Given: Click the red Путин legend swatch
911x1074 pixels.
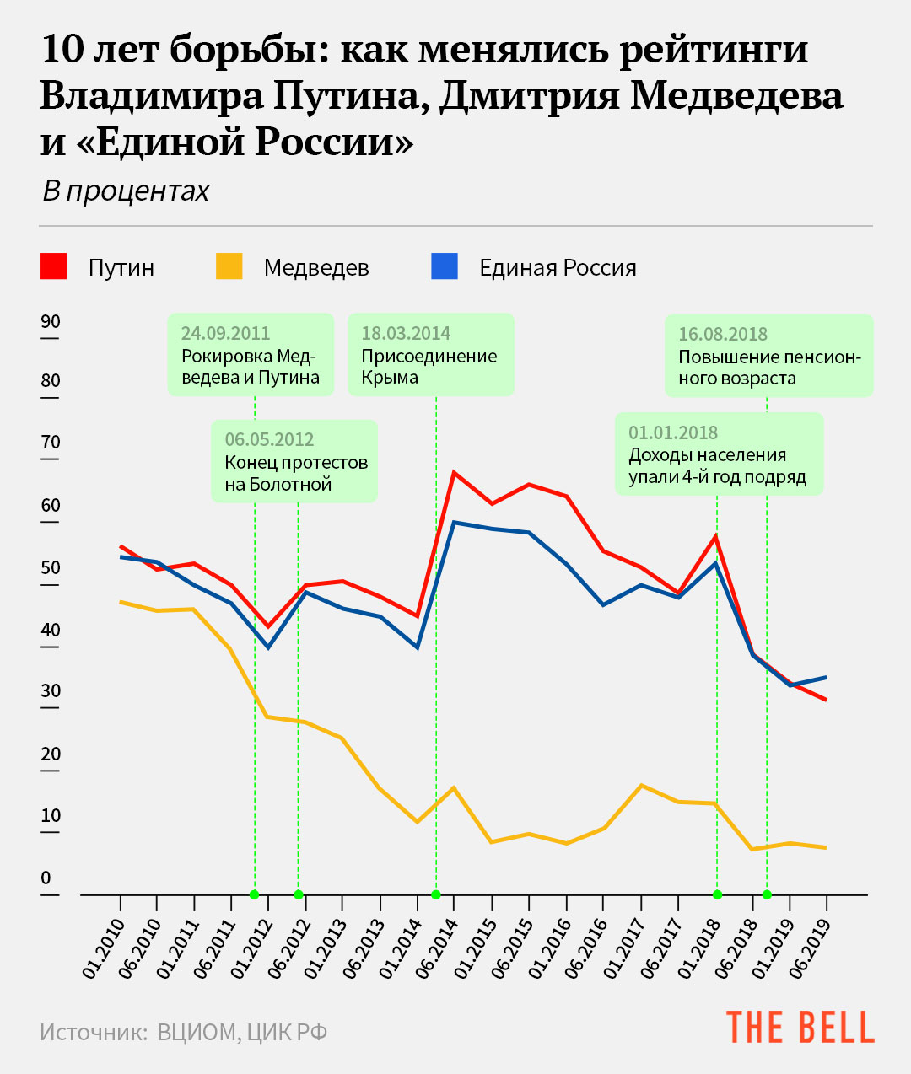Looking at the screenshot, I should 54,266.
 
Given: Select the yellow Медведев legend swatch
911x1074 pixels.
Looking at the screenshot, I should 229,266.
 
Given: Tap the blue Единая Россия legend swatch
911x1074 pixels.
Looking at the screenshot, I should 445,266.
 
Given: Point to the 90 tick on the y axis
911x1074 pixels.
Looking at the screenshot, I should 51,322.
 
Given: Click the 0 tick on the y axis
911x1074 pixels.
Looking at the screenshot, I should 46,878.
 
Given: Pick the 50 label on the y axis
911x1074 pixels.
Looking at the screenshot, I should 51,568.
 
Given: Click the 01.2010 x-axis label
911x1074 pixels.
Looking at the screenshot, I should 104,948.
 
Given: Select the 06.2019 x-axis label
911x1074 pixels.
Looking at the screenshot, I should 810,948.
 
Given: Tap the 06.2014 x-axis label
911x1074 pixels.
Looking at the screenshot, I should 438,948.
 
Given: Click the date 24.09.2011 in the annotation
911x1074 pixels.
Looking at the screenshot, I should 225,333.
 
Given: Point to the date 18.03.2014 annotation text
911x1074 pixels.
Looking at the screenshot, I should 406,333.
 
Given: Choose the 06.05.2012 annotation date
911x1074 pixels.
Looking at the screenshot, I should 269,439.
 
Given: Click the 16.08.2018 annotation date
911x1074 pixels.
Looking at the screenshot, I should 723,334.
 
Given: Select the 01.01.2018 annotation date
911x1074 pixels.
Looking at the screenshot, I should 673,432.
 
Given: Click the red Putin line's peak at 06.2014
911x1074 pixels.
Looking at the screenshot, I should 454,472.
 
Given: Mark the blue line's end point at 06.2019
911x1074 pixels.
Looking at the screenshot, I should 826,677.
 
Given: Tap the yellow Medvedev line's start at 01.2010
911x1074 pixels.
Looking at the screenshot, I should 121,602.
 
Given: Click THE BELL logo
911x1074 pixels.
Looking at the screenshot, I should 800,1028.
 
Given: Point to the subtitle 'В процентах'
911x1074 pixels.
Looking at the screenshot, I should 126,191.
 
